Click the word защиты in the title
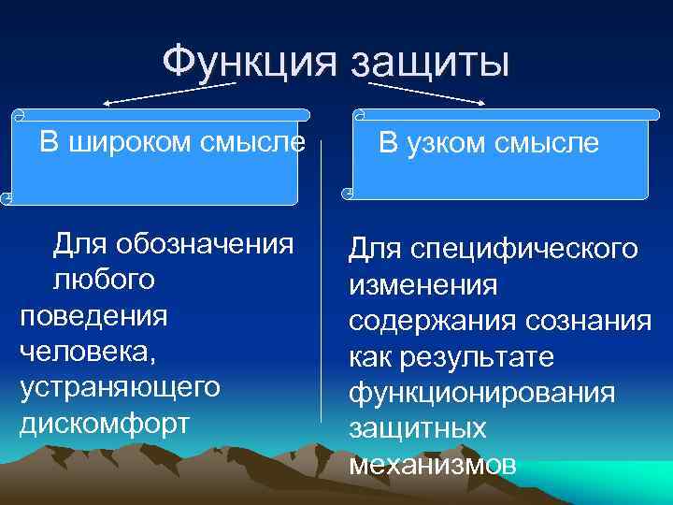click(x=431, y=65)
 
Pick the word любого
click(x=105, y=281)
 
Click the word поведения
click(x=93, y=315)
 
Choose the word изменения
click(x=423, y=285)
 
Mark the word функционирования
click(x=482, y=393)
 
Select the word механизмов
click(x=432, y=464)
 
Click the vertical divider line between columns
click(x=323, y=281)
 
